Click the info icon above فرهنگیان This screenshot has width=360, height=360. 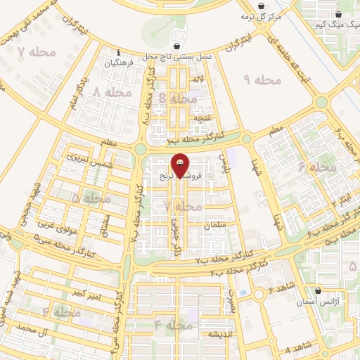[119, 53]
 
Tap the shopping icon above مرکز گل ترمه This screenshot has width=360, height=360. [262, 6]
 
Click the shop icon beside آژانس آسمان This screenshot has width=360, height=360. [318, 290]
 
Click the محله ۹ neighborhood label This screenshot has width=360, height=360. [262, 80]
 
